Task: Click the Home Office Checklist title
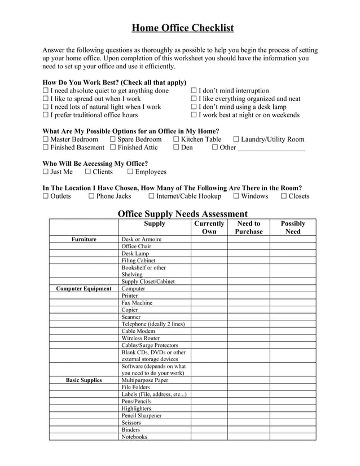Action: (182, 28)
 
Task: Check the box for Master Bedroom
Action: (46, 139)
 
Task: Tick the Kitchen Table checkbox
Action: (176, 139)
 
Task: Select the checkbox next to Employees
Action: (130, 172)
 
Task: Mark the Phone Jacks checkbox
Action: (91, 196)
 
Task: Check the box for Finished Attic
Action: (113, 147)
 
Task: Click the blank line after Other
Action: (271, 148)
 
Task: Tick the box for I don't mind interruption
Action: (194, 91)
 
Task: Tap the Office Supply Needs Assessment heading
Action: (182, 214)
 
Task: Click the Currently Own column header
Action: (209, 227)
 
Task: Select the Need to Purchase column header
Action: (248, 227)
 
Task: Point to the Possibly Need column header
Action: (292, 227)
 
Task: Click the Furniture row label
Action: (84, 239)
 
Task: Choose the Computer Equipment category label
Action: (84, 289)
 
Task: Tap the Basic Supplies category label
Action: (84, 380)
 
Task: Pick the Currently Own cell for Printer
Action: (209, 296)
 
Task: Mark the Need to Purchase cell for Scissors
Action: (248, 423)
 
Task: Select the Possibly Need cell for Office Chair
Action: (292, 247)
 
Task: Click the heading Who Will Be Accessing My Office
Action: (95, 164)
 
